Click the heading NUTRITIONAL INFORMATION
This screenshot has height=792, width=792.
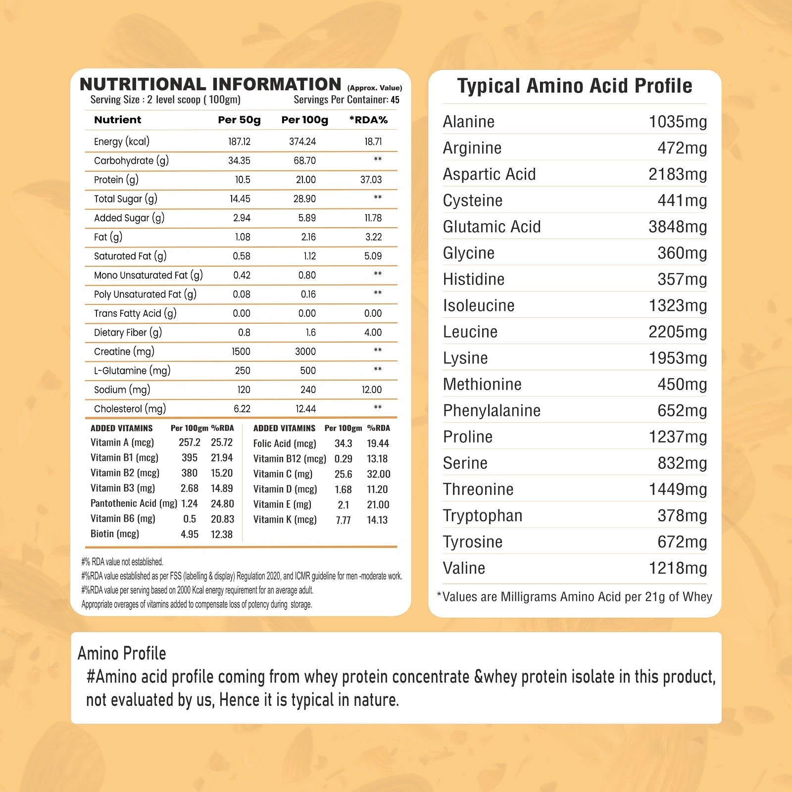click(210, 84)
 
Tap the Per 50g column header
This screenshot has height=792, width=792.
click(239, 120)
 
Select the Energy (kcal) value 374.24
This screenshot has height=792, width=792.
click(302, 142)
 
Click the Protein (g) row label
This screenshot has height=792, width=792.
click(116, 180)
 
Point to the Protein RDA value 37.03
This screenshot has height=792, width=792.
click(371, 180)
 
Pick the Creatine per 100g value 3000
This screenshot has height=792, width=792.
click(305, 351)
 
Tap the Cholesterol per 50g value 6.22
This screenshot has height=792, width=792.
click(242, 409)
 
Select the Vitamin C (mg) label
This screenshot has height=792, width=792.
click(283, 474)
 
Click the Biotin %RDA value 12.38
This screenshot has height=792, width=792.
click(221, 535)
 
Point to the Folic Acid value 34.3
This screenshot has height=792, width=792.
click(343, 444)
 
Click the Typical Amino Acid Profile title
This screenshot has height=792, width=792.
click(575, 86)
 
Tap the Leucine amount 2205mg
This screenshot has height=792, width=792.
click(678, 332)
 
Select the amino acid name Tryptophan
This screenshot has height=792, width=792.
click(483, 516)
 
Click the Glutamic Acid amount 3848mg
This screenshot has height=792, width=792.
click(678, 227)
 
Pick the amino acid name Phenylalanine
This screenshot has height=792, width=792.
click(492, 410)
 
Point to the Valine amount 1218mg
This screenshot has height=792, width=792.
click(678, 568)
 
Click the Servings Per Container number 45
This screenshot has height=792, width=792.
click(395, 100)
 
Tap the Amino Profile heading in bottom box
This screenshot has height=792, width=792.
click(122, 653)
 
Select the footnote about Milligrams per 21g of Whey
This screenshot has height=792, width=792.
click(574, 597)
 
